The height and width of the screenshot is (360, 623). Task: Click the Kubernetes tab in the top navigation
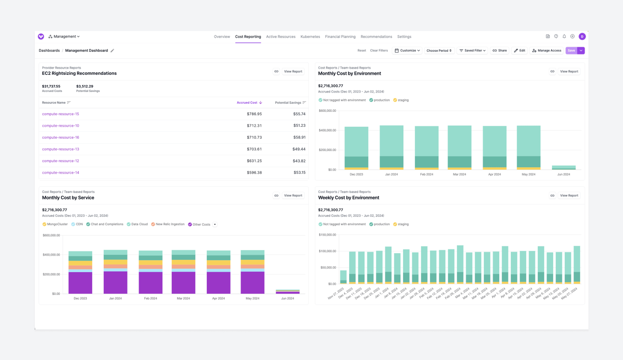[310, 37]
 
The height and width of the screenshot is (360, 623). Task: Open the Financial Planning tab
[340, 37]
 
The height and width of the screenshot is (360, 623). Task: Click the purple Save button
[571, 51]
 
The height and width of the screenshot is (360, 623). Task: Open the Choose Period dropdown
[439, 51]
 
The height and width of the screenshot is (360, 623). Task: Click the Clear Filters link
[379, 51]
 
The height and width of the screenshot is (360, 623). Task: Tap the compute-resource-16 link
[60, 138]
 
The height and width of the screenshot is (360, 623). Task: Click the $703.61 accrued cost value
[254, 149]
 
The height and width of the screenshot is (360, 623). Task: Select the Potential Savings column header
[288, 103]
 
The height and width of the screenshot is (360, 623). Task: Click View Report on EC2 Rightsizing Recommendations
[293, 71]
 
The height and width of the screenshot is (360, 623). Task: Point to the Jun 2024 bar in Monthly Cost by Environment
[563, 167]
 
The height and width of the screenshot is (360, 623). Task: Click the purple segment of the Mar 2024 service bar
[183, 283]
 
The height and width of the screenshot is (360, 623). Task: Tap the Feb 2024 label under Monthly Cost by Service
[150, 298]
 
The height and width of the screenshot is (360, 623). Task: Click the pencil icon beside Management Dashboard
[112, 51]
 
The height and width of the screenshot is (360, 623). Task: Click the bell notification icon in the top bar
[564, 37]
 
